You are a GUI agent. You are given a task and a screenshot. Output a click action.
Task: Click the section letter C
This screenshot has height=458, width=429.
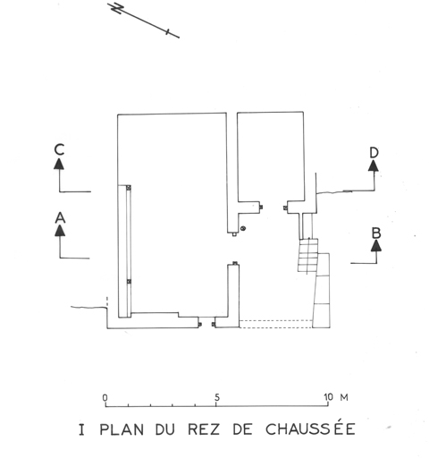click(59, 149)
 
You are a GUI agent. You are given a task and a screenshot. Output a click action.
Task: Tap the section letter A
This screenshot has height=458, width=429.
click(60, 217)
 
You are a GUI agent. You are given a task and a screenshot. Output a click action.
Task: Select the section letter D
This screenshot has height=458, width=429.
click(374, 153)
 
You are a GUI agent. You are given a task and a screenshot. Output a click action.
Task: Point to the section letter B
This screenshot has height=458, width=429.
click(376, 233)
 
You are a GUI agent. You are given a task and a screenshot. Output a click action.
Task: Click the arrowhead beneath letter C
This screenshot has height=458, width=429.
click(59, 164)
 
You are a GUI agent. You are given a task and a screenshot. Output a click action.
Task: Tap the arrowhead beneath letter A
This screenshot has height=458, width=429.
click(60, 231)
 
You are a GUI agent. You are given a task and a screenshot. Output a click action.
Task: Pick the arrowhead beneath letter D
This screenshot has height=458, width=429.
click(374, 165)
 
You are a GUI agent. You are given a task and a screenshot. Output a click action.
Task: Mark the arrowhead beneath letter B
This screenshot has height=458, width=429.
click(376, 245)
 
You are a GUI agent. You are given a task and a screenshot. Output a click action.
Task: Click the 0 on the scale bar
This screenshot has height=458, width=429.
click(105, 397)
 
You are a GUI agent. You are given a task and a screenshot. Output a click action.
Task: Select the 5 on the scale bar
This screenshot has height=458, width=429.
click(217, 397)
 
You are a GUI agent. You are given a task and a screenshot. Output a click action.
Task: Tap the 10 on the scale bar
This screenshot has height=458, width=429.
click(328, 397)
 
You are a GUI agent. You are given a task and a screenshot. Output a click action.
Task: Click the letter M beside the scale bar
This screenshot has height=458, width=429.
click(344, 397)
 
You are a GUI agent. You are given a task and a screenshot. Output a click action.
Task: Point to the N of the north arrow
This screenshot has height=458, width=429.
click(117, 8)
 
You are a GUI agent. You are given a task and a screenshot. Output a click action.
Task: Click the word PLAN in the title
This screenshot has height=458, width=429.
click(122, 429)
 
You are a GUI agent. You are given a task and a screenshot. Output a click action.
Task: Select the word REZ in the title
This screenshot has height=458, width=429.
click(204, 429)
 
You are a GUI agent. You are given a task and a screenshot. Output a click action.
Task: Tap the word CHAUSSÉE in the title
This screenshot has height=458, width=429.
click(310, 428)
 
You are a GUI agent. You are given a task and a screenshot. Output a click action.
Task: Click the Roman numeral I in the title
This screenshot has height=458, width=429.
click(81, 429)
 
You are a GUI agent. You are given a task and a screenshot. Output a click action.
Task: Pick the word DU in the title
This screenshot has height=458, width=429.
click(165, 429)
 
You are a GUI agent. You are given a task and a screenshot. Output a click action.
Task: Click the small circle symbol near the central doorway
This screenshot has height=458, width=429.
click(243, 228)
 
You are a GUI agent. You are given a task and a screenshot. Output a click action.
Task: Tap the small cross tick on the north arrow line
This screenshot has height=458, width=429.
click(168, 31)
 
